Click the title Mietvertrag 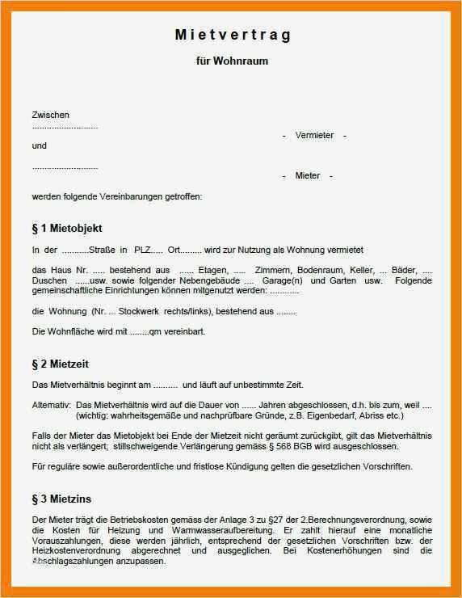(x=232, y=36)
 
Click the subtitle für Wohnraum (x=232, y=61)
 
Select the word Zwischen (x=50, y=115)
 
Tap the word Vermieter (x=314, y=135)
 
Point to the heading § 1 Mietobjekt (x=67, y=228)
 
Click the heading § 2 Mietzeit (x=61, y=364)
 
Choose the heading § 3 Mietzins (x=61, y=499)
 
